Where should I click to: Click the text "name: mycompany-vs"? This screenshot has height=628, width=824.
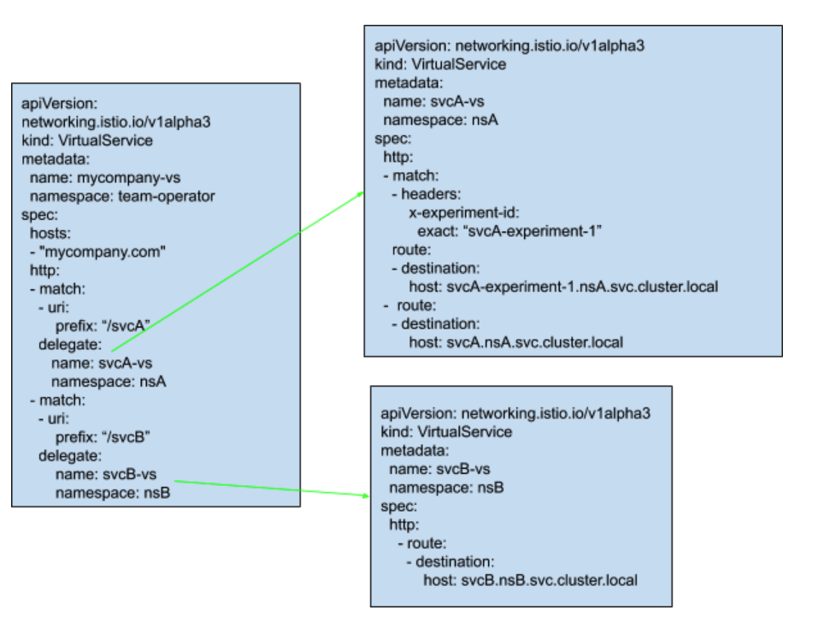pos(96,178)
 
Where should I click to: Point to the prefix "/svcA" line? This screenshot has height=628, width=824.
pos(103,326)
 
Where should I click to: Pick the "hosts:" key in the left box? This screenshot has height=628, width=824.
pos(50,233)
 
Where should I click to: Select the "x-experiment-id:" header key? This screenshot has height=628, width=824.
pos(465,213)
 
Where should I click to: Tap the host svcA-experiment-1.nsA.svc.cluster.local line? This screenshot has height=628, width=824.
pos(563,287)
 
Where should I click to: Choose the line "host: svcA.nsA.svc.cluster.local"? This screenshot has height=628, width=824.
pos(516,342)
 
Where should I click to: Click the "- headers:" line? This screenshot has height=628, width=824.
pos(425,194)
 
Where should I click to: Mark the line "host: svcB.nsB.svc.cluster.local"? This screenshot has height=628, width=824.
pos(530,580)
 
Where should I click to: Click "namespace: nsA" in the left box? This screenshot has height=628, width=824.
pos(108,382)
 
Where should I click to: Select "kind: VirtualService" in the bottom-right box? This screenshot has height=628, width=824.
pos(446,431)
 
